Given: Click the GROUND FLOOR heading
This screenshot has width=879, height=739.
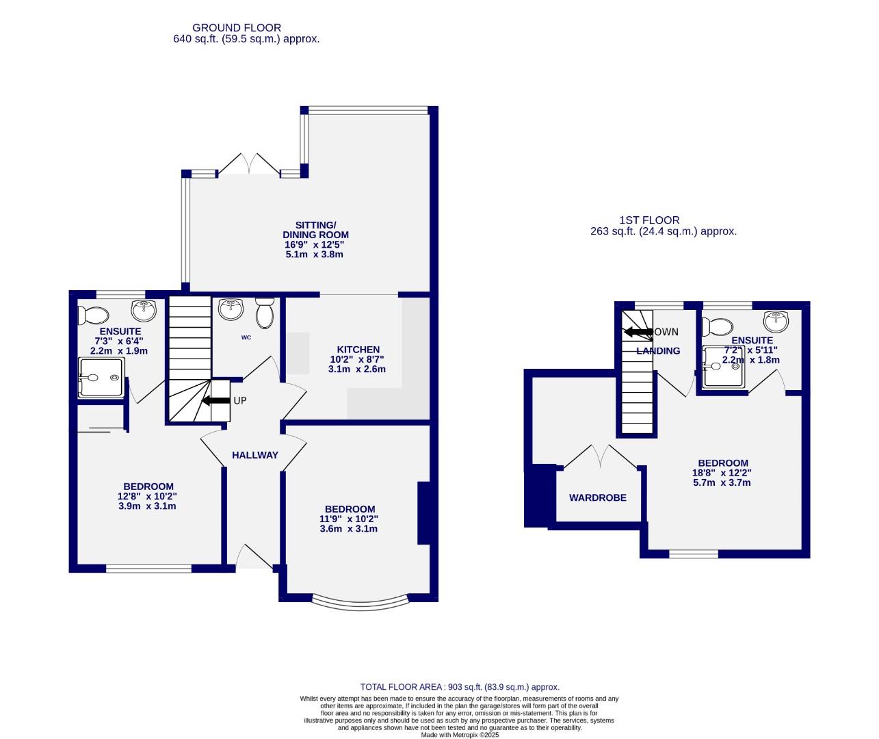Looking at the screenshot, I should [237, 28].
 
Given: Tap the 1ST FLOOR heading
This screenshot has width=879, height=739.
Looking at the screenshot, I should [649, 220].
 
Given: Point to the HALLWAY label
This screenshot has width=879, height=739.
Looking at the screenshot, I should [254, 455].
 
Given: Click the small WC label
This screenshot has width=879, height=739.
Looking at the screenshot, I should [246, 337].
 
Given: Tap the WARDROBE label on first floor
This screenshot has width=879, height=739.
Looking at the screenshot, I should [597, 498].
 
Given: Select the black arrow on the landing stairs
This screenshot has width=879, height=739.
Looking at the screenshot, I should [638, 332].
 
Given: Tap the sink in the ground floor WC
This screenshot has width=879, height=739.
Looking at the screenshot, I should [231, 309].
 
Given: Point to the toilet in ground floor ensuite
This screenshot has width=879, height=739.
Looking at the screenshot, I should [93, 315].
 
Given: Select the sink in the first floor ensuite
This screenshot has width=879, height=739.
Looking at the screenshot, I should [775, 320].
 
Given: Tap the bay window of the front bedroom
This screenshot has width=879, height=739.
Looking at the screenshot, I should [360, 603].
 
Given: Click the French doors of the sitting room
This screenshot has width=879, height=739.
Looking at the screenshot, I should [249, 165].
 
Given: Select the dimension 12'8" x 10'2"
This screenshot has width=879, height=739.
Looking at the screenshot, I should [147, 497].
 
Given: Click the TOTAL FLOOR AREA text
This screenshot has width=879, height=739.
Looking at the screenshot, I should [460, 687].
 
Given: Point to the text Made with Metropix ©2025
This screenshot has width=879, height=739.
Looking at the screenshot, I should [460, 735].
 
